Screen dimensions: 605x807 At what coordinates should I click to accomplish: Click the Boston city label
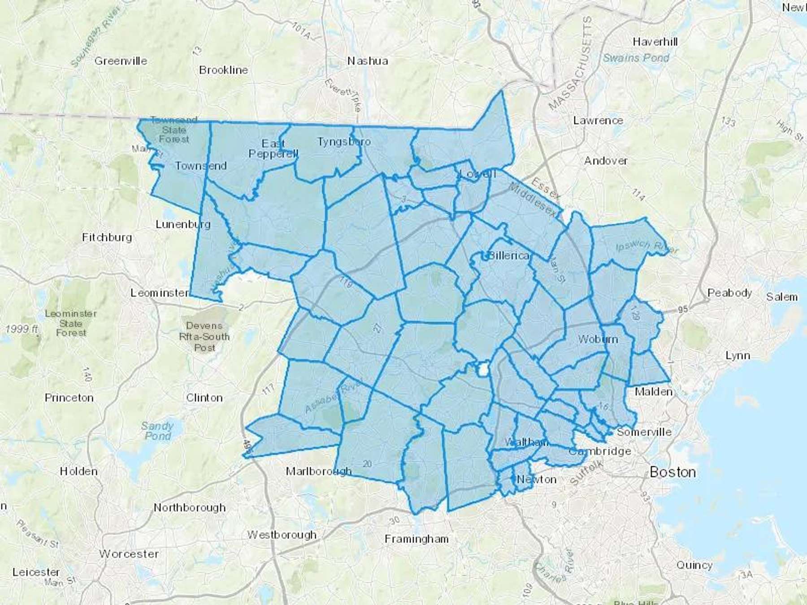pyautogui.click(x=672, y=472)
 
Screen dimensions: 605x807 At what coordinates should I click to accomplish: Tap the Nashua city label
pyautogui.click(x=368, y=61)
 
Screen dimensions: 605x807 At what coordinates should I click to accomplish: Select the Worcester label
pyautogui.click(x=129, y=554)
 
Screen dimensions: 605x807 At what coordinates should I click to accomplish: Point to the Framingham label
pyautogui.click(x=417, y=539)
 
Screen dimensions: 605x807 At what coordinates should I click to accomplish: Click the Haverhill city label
pyautogui.click(x=655, y=42)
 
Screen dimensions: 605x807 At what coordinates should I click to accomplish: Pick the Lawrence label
pyautogui.click(x=598, y=121)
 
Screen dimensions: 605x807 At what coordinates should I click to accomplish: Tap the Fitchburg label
pyautogui.click(x=107, y=238)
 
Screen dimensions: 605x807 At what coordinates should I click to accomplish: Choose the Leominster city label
pyautogui.click(x=160, y=293)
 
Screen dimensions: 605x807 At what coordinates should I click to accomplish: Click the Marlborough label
pyautogui.click(x=318, y=471)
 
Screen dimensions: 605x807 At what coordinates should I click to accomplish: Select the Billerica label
pyautogui.click(x=508, y=256)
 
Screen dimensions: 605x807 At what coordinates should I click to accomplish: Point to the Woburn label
pyautogui.click(x=598, y=339)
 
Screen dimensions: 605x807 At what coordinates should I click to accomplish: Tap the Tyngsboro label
pyautogui.click(x=344, y=142)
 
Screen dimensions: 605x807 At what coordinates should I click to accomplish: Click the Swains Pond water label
pyautogui.click(x=636, y=58)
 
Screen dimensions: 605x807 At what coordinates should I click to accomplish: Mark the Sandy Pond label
pyautogui.click(x=157, y=431)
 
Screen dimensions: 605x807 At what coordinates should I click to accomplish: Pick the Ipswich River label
pyautogui.click(x=646, y=247)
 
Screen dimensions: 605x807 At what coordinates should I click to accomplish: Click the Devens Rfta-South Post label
pyautogui.click(x=204, y=337)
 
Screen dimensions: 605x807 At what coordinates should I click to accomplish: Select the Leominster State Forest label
pyautogui.click(x=71, y=323)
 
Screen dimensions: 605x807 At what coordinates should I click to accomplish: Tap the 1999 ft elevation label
pyautogui.click(x=22, y=329)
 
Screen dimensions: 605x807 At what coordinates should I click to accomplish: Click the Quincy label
pyautogui.click(x=694, y=565)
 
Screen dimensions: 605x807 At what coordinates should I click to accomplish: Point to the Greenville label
pyautogui.click(x=121, y=61)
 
